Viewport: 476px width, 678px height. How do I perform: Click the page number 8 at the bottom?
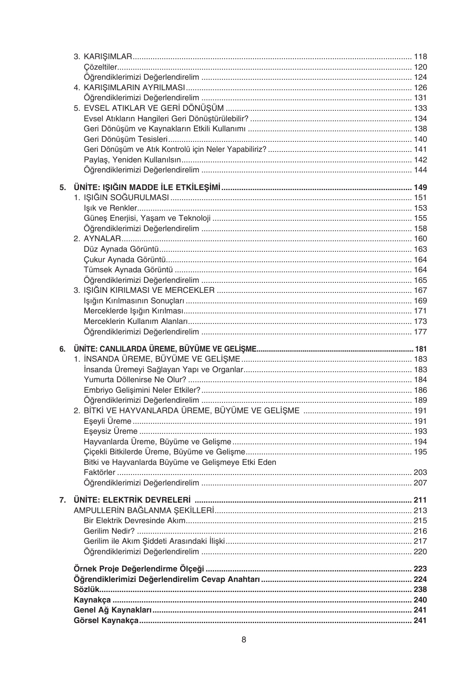click(244, 640)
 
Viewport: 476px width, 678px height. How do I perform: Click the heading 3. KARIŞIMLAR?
click(103, 57)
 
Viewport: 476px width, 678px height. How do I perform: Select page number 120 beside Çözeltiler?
click(420, 67)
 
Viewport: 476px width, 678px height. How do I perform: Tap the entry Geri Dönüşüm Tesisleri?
click(126, 139)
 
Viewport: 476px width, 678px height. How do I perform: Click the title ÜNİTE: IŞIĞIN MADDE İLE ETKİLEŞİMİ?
click(147, 188)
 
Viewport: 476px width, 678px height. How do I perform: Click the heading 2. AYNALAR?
click(97, 239)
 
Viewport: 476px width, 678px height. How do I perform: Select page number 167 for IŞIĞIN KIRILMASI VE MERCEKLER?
click(420, 290)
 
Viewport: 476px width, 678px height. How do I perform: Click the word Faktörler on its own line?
click(99, 472)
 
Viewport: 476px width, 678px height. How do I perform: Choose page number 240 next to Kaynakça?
click(420, 600)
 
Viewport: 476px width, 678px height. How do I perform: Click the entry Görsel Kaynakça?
click(106, 620)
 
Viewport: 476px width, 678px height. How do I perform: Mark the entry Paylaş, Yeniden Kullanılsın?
click(132, 160)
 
